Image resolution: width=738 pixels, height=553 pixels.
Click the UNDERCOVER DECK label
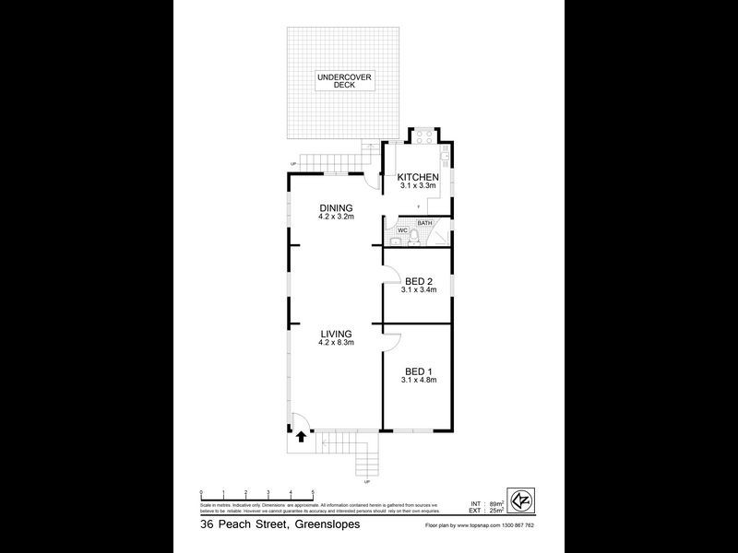click(344, 80)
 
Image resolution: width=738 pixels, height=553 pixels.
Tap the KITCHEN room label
click(417, 178)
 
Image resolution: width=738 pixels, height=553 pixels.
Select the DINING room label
click(336, 208)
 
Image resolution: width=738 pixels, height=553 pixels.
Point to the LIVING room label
click(338, 334)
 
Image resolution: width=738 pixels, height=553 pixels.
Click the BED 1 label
click(418, 369)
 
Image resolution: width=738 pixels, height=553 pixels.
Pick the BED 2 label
click(418, 281)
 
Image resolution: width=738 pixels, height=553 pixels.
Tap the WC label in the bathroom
click(402, 229)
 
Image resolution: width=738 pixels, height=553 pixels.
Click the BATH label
click(424, 223)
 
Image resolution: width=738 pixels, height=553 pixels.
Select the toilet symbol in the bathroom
click(414, 239)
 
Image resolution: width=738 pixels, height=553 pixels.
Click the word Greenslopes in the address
click(322, 524)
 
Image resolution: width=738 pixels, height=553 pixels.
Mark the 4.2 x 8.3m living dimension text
click(338, 343)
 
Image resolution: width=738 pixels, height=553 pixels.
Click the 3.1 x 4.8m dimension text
click(418, 378)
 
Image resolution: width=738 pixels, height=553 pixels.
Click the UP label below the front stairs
click(367, 482)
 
